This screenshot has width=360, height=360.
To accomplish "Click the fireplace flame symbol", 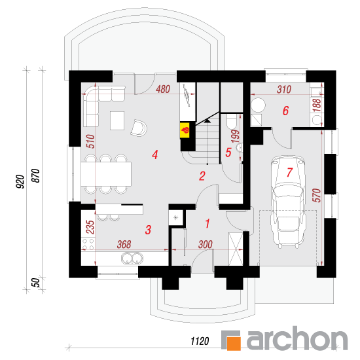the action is coord(185,130).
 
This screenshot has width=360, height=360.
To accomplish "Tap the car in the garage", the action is coord(288,202).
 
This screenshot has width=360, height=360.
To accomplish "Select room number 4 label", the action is coord(155,154).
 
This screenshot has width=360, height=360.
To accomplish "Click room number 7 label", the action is coord(289,172).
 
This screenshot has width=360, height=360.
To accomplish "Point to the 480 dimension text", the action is coord(163,89).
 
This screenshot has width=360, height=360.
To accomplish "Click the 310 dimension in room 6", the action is coord(284,89).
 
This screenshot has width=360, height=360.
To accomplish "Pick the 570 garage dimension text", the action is coord(317,195).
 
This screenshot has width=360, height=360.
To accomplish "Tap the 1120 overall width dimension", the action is coord(200,341).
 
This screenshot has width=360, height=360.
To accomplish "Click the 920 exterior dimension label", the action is coord(20,181).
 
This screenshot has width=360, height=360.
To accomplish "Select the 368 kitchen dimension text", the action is coord(124,245).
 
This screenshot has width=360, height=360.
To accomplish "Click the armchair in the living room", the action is coord(139,128).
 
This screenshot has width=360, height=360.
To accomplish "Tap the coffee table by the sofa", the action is coord(117,121).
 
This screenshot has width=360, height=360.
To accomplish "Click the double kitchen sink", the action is coord(132,258).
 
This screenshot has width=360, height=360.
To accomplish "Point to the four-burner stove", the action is coord(88,244).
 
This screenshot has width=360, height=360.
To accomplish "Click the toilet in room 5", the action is coord(232,122).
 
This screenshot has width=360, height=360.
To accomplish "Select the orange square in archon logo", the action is coord(234,344).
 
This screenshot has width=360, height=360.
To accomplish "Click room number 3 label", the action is coord(149,230).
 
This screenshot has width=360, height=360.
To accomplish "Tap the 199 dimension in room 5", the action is coord(236,136).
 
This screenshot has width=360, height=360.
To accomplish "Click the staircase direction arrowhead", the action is coord(207,120).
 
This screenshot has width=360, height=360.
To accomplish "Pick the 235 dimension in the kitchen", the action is coord(90,227).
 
